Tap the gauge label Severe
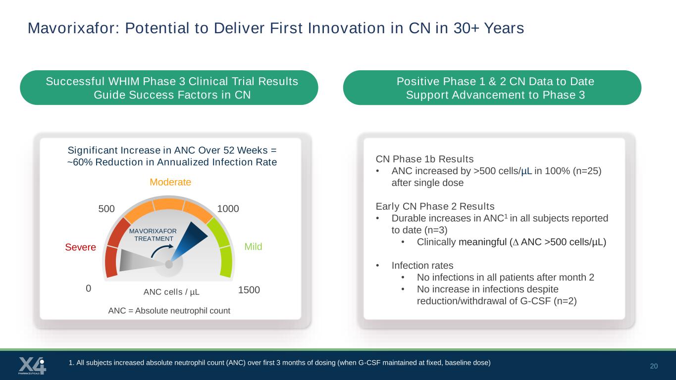pos(80,247)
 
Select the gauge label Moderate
pos(170,182)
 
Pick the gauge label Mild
pos(253,247)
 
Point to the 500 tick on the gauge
pos(106,209)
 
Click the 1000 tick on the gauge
pos(228,209)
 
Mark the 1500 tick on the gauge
pos(249,290)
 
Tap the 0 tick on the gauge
pos(89,288)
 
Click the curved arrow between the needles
pos(161,250)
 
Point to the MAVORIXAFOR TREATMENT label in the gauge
pos(153,235)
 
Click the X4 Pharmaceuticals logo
pos(32,366)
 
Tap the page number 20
pos(654,366)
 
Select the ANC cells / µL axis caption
pos(171,292)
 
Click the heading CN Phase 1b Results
pos(424,159)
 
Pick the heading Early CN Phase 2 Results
pos(435,206)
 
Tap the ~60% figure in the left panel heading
pos(80,162)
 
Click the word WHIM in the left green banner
pos(124,82)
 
